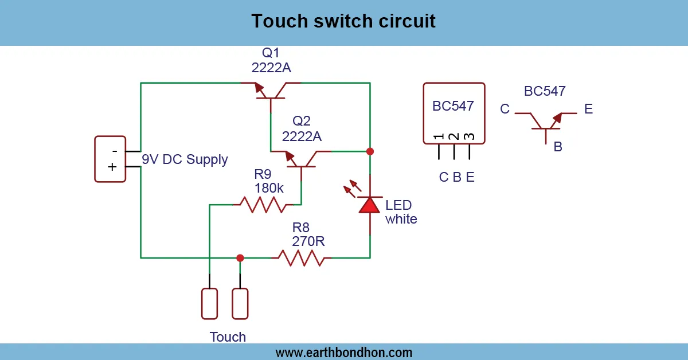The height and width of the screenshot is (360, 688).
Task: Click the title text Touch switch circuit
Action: click(x=343, y=21)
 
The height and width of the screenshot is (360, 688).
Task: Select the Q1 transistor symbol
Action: click(x=270, y=92)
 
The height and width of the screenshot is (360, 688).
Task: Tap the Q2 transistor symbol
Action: click(x=302, y=160)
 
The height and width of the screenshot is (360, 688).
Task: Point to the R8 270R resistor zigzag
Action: click(x=301, y=258)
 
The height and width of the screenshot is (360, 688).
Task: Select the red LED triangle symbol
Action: click(x=370, y=205)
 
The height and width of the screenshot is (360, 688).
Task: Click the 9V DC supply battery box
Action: click(x=110, y=159)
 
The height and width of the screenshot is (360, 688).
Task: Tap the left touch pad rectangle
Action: click(x=210, y=304)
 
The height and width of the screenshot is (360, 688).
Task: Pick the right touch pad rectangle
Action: click(x=240, y=304)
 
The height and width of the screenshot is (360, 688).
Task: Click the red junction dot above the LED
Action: click(x=370, y=151)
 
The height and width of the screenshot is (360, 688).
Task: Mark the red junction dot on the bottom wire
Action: click(x=240, y=258)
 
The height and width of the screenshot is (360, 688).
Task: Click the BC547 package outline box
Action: click(x=454, y=113)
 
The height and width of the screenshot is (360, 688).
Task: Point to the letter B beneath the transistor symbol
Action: click(x=558, y=147)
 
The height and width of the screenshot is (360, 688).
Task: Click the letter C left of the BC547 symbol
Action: click(x=505, y=109)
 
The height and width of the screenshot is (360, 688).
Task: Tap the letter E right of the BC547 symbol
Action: click(x=588, y=109)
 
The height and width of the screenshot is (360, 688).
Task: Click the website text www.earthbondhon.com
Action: click(x=343, y=352)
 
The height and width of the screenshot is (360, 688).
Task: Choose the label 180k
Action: click(x=269, y=188)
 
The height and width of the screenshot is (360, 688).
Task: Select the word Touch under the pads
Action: click(x=228, y=337)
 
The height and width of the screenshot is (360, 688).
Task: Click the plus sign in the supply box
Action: click(x=112, y=167)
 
